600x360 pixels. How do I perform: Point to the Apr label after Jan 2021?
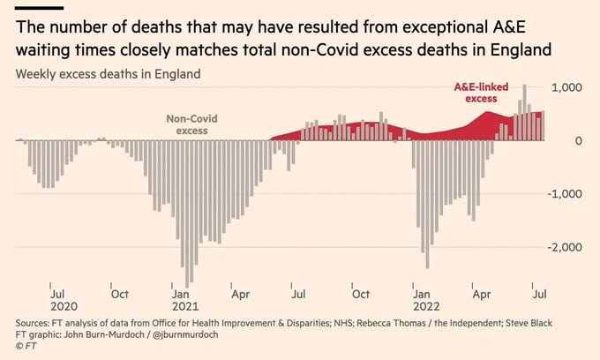[239, 293]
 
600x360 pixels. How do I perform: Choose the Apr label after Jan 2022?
[482, 293]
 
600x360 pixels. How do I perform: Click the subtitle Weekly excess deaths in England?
[108, 74]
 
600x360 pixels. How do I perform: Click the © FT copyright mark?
[26, 346]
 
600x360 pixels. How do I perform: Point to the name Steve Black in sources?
[529, 323]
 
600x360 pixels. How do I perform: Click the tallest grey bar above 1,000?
[524, 112]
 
